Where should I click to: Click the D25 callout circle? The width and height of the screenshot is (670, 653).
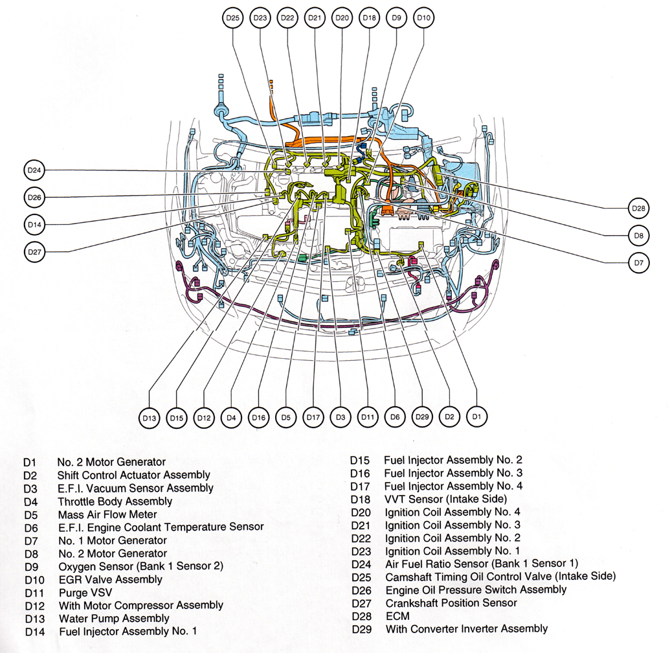[232, 19]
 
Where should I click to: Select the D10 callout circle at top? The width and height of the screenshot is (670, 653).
[423, 19]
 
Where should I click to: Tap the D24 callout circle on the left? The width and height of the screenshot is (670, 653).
[34, 170]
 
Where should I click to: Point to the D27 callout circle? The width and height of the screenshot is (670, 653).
[34, 251]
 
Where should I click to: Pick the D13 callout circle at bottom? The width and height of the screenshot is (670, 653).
[150, 418]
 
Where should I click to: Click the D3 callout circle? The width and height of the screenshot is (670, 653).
[341, 417]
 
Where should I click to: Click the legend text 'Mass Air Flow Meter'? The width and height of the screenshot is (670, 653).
[107, 514]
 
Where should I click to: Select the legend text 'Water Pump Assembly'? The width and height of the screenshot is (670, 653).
[114, 618]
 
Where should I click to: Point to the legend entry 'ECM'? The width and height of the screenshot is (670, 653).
[397, 616]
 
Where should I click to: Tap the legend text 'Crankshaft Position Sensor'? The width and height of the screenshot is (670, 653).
[451, 603]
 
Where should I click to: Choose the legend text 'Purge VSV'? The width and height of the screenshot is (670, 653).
[82, 592]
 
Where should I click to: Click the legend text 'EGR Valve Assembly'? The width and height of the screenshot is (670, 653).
[110, 579]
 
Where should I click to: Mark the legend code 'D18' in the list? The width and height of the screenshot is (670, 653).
[361, 499]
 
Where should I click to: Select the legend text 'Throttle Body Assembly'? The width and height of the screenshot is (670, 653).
[115, 501]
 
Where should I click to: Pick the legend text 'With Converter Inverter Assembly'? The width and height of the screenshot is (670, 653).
[466, 629]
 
